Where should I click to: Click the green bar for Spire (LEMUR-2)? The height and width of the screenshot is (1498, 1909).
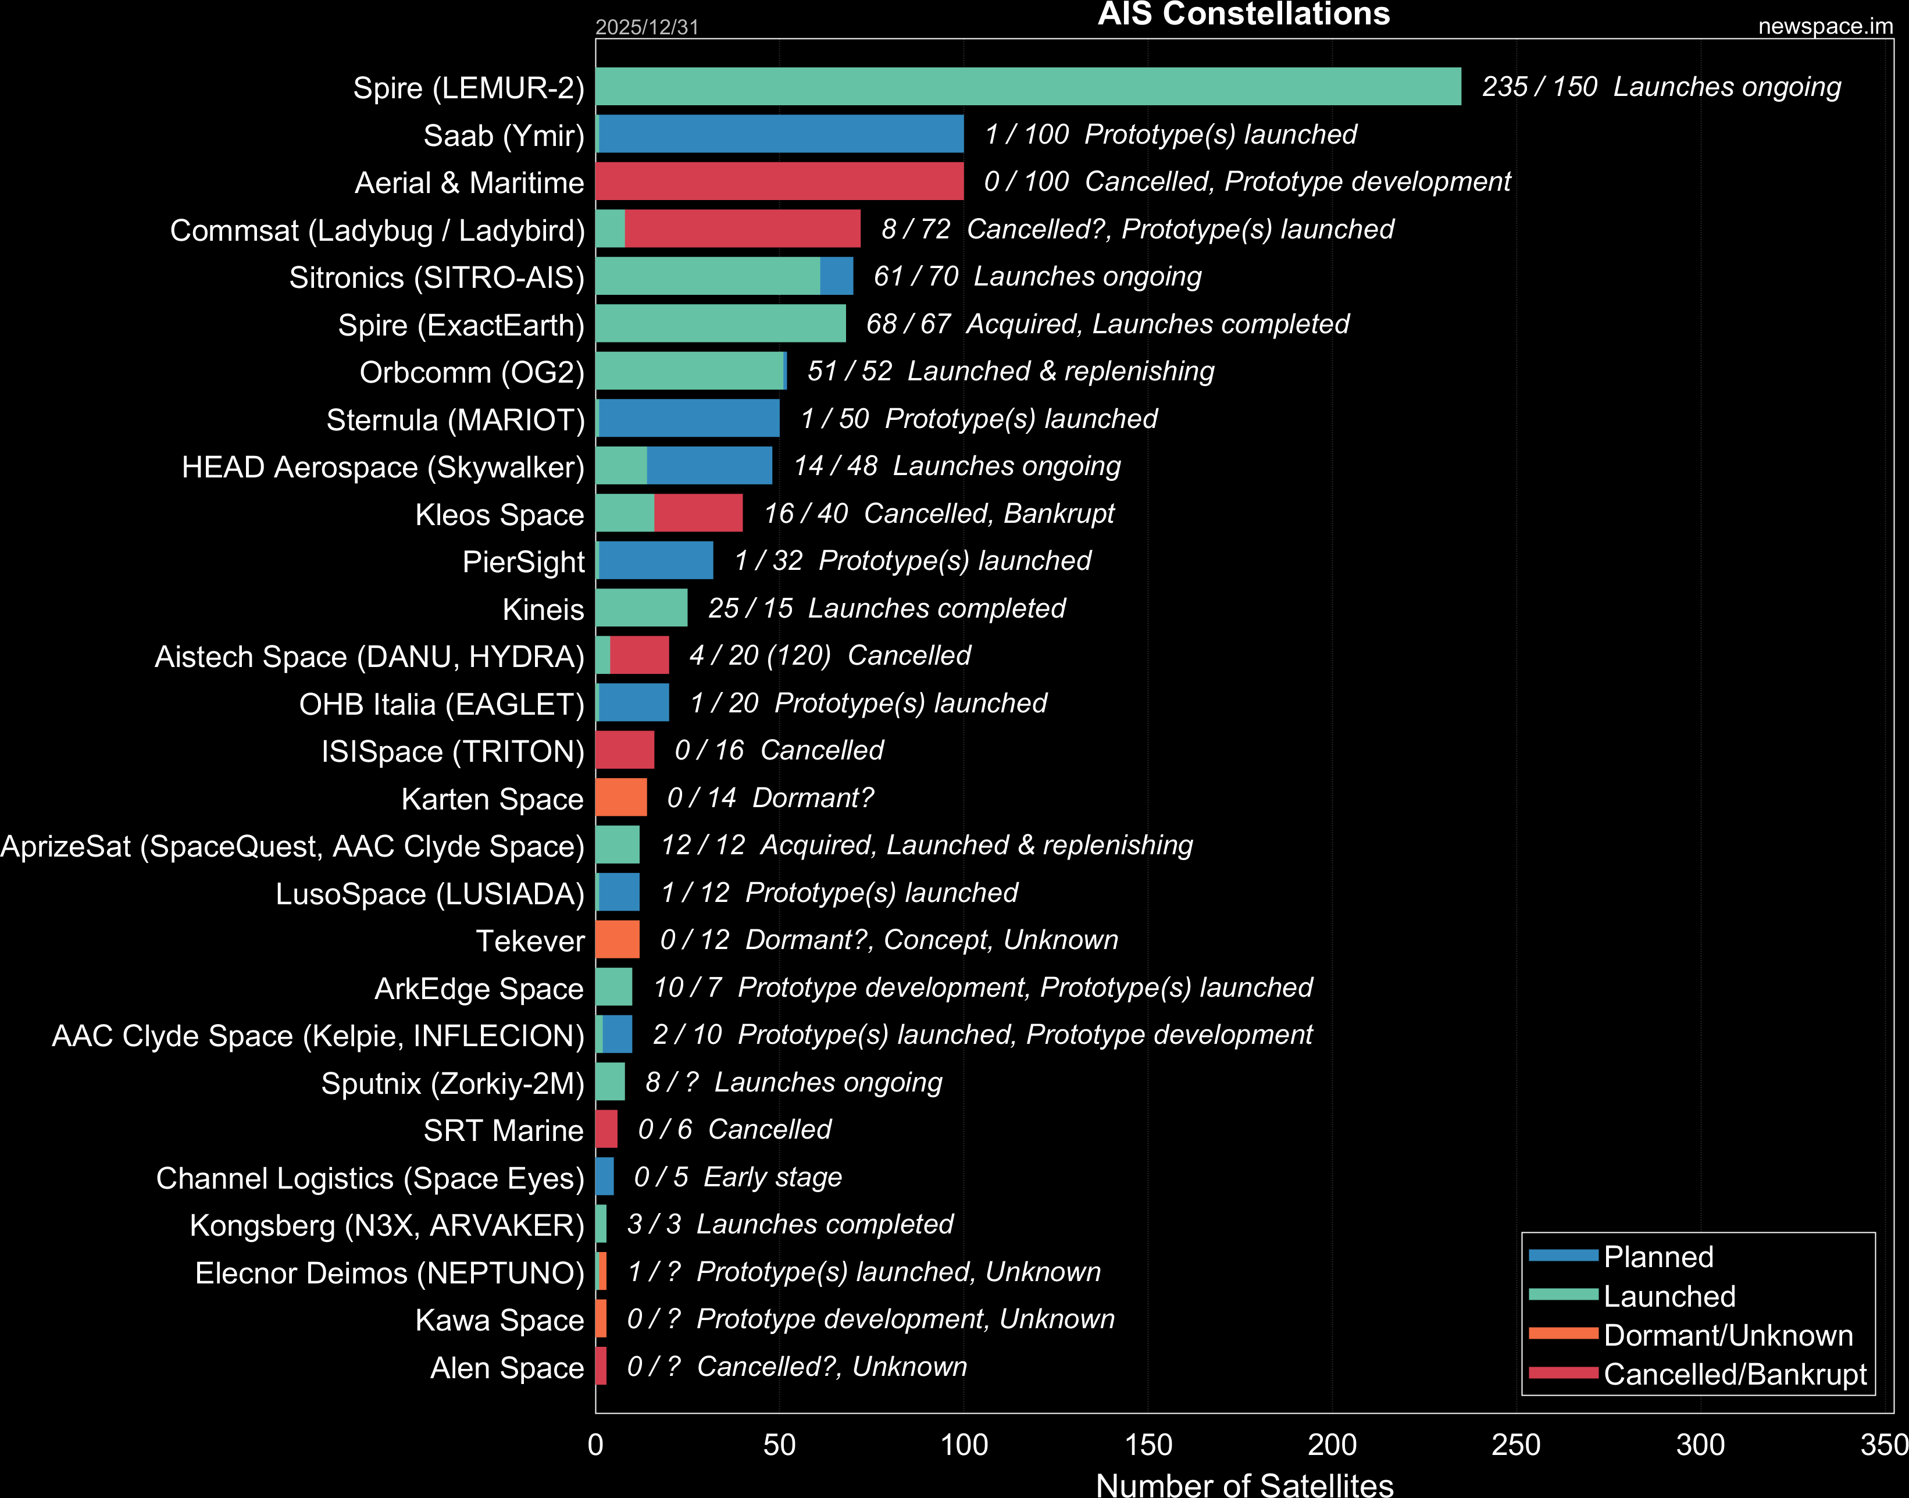coord(1027,87)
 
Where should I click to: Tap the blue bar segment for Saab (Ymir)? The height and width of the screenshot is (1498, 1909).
coord(780,134)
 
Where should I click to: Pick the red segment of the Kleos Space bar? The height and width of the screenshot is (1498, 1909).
coord(698,513)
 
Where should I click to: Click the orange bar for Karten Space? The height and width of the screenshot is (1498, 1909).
coord(621,798)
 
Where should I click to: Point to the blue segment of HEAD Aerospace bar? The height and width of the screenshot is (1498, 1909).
coord(709,466)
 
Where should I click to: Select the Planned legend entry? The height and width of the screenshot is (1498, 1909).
coord(1657,1257)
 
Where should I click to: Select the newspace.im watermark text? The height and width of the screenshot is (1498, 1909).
coord(1825,26)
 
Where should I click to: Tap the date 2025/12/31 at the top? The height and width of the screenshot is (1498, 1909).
coord(647,27)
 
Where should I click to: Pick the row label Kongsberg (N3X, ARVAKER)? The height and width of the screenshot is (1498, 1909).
coord(387,1225)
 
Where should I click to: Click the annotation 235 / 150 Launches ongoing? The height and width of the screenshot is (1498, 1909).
coord(1661,87)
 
